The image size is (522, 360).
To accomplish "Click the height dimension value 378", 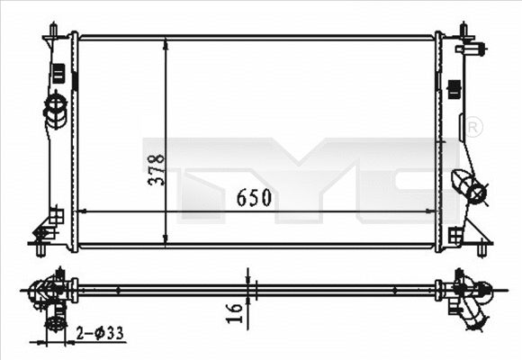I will pos(157,167).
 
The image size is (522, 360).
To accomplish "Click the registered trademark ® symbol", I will pos(473,128).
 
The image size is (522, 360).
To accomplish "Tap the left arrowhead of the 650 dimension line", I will pos(85,211).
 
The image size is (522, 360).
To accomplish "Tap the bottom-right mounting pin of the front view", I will pos(483,247).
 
